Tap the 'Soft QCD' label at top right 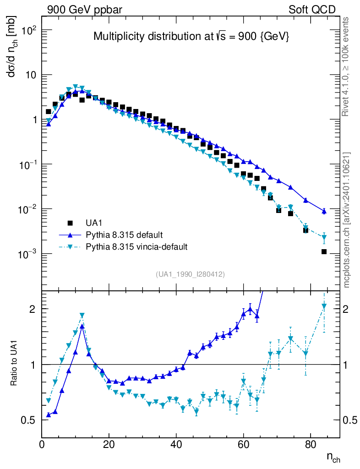point(312,10)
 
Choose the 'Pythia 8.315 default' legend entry point(124,235)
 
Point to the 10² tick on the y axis point(27,30)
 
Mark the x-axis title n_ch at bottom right point(333,457)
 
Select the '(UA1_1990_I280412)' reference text point(191,274)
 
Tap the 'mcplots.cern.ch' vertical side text point(347,220)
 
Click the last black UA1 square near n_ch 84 point(324,251)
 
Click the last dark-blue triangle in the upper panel point(324,211)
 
